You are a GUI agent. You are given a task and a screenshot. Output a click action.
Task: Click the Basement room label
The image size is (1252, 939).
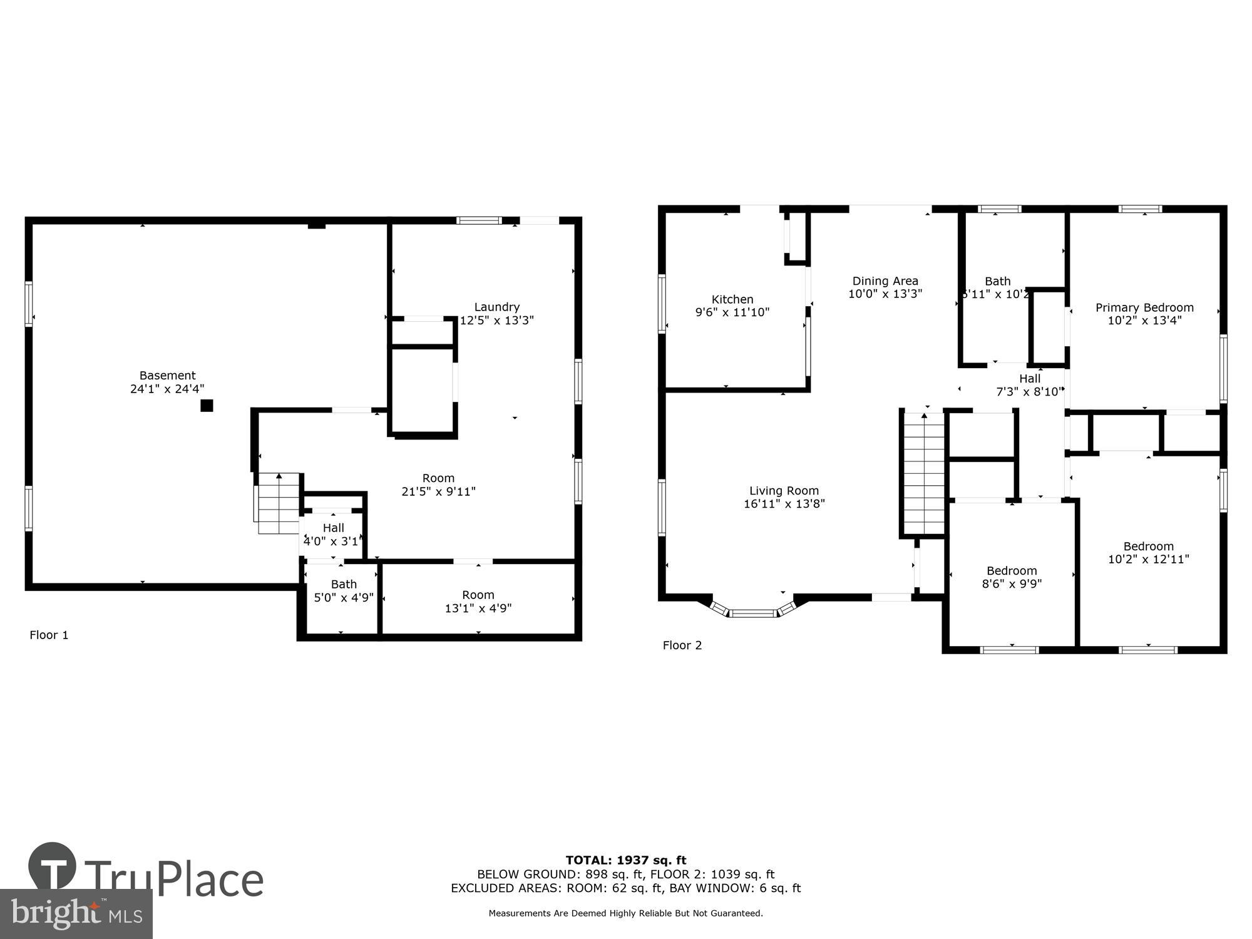[167, 376]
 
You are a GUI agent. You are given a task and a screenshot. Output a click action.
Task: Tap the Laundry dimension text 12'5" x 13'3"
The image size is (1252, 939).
[496, 321]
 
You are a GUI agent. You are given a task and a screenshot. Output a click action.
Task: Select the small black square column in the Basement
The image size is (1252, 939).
[207, 406]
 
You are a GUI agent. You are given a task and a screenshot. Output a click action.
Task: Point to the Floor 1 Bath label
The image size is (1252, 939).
[344, 584]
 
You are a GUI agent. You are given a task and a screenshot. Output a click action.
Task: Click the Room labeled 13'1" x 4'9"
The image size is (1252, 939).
[478, 602]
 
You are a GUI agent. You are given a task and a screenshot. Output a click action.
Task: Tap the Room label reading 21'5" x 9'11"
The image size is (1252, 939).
[438, 485]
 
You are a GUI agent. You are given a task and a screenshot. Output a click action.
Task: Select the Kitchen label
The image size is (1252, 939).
[732, 299]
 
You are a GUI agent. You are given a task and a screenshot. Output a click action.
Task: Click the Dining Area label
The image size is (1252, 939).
[885, 281]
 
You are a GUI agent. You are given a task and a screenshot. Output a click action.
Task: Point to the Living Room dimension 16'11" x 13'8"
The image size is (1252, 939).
[784, 504]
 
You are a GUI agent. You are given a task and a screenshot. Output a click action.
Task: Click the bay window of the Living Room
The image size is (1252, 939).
[754, 612]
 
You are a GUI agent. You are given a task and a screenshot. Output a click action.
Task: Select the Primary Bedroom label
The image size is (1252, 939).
[1144, 307]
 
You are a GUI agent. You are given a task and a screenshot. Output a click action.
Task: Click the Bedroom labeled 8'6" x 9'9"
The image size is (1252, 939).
[1012, 577]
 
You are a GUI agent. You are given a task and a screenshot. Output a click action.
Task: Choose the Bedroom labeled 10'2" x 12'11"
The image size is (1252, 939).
[1148, 552]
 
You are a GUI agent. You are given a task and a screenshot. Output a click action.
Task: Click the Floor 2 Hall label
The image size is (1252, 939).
[1029, 379]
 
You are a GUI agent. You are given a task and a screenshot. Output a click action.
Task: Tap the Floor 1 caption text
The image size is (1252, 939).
[49, 635]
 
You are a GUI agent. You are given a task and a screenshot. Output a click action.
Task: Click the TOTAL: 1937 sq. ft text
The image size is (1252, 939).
[625, 860]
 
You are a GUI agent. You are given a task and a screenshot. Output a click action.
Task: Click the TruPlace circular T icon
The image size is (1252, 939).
[53, 867]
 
